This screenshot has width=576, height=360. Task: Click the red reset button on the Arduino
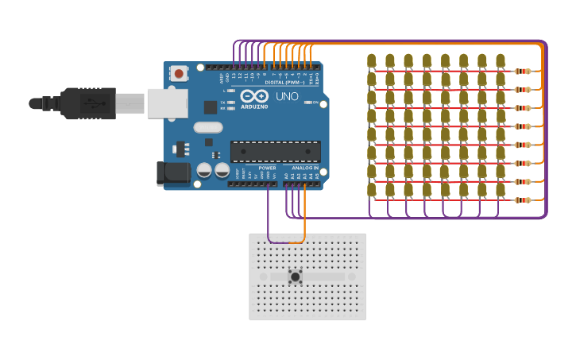click(179, 74)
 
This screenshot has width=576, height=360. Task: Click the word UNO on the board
click(287, 97)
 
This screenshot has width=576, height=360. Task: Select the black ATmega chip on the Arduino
click(276, 151)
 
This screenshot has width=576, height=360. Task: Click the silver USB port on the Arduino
click(167, 103)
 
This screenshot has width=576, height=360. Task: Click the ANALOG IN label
click(304, 168)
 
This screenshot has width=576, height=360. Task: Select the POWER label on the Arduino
click(268, 168)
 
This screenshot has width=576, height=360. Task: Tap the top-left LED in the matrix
click(372, 60)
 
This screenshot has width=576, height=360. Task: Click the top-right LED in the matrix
click(501, 60)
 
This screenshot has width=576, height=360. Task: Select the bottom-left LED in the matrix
click(372, 190)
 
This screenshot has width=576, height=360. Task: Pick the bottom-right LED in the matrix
click(501, 190)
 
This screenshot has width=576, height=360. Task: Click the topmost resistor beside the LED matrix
click(523, 71)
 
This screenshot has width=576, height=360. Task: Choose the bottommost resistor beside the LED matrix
click(523, 199)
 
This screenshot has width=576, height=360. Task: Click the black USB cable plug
click(87, 103)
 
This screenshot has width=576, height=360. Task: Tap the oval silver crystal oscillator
click(207, 127)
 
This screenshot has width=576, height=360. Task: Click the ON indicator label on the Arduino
click(315, 103)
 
